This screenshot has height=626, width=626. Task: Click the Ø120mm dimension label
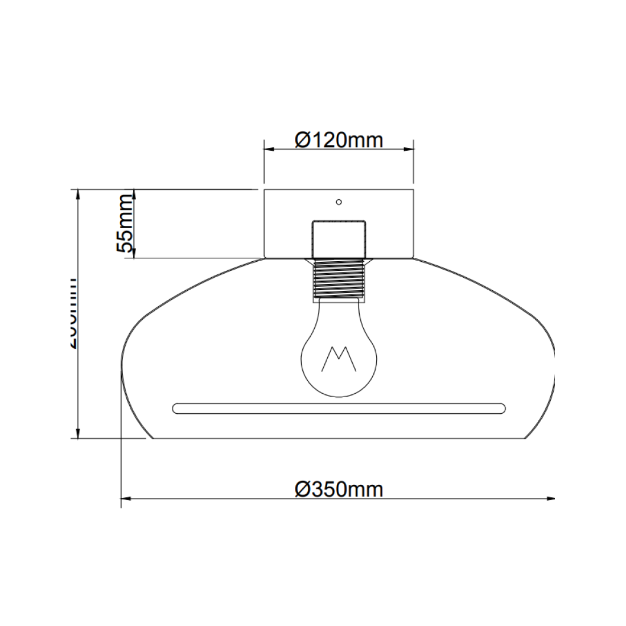coord(339,139)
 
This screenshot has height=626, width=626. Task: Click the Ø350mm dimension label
coord(339,489)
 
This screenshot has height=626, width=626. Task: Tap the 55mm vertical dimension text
coord(124,224)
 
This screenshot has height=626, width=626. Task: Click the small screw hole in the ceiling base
coord(339,201)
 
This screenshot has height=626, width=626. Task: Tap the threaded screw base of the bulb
coord(338,278)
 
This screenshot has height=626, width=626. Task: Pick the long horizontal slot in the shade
coord(338,407)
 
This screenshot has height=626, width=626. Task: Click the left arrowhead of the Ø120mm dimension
coord(267,150)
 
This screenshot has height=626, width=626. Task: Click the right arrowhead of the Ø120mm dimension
coord(409,150)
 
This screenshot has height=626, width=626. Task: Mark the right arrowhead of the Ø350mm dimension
coord(550,499)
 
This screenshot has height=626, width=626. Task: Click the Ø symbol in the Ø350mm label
coord(303,489)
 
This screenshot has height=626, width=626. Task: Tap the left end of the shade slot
coord(176,407)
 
